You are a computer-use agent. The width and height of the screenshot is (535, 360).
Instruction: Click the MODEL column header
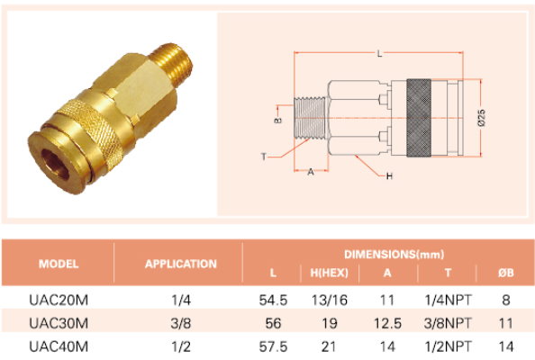[59, 264]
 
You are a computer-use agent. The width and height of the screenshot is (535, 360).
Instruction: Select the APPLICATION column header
[181, 264]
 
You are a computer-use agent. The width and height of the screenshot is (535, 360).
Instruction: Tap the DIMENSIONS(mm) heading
[394, 255]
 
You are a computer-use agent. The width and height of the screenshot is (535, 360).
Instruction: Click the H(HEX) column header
[330, 273]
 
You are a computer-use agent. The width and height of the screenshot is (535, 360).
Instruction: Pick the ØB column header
[505, 273]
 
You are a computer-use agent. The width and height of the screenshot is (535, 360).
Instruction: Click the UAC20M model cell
[59, 300]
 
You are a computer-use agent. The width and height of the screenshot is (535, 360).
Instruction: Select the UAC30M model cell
[59, 323]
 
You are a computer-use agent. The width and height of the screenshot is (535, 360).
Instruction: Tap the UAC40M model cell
[59, 346]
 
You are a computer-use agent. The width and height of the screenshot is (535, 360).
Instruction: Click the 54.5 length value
[273, 300]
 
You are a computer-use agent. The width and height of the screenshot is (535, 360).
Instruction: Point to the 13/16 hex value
[330, 300]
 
